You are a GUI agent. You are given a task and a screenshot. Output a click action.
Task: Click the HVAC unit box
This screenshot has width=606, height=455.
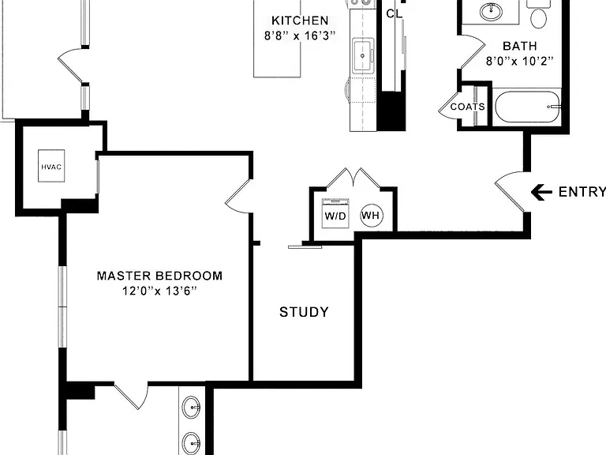pos(51,166)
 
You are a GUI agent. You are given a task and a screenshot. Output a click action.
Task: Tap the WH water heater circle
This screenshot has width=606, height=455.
pos(372,215)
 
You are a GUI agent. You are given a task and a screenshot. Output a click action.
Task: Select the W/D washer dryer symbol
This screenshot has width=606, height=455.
pos(335,213)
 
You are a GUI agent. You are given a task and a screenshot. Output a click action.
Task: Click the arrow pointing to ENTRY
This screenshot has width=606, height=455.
pos(541,192)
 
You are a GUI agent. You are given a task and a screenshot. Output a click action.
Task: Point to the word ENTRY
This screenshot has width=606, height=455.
pos(582,192)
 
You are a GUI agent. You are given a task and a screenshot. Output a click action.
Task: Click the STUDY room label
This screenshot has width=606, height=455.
pos(304,312)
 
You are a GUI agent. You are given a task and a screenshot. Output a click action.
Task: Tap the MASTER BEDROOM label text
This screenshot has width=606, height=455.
pos(159,276)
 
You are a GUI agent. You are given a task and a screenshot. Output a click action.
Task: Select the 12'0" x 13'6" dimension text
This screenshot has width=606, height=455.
pos(159,291)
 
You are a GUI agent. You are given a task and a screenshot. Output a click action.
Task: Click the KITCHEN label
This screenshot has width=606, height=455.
pos(300,20)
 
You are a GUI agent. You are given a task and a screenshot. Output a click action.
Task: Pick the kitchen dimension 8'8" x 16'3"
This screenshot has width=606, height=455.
pos(300,36)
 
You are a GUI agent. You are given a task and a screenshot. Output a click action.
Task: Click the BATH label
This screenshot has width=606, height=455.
pos(520,46)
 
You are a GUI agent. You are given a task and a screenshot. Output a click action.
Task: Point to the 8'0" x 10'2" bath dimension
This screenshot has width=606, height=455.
pos(520,61)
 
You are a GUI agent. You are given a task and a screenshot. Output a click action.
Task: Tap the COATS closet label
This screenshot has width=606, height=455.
pos(468,107)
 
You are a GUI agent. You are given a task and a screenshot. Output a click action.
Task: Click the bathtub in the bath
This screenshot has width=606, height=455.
pos(528,107)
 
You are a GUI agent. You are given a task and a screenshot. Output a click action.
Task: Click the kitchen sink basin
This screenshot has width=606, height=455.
pos(362,55)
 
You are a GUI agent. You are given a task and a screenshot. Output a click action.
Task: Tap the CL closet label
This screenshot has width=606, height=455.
pos(395,14)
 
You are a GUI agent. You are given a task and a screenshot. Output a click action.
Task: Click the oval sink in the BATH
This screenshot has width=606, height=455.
pos(492,11)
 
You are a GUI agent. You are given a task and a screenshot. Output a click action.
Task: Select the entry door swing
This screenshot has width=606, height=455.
pos(511,191)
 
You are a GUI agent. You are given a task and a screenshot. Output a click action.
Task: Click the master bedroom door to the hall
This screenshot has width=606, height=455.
pos(239,196)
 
